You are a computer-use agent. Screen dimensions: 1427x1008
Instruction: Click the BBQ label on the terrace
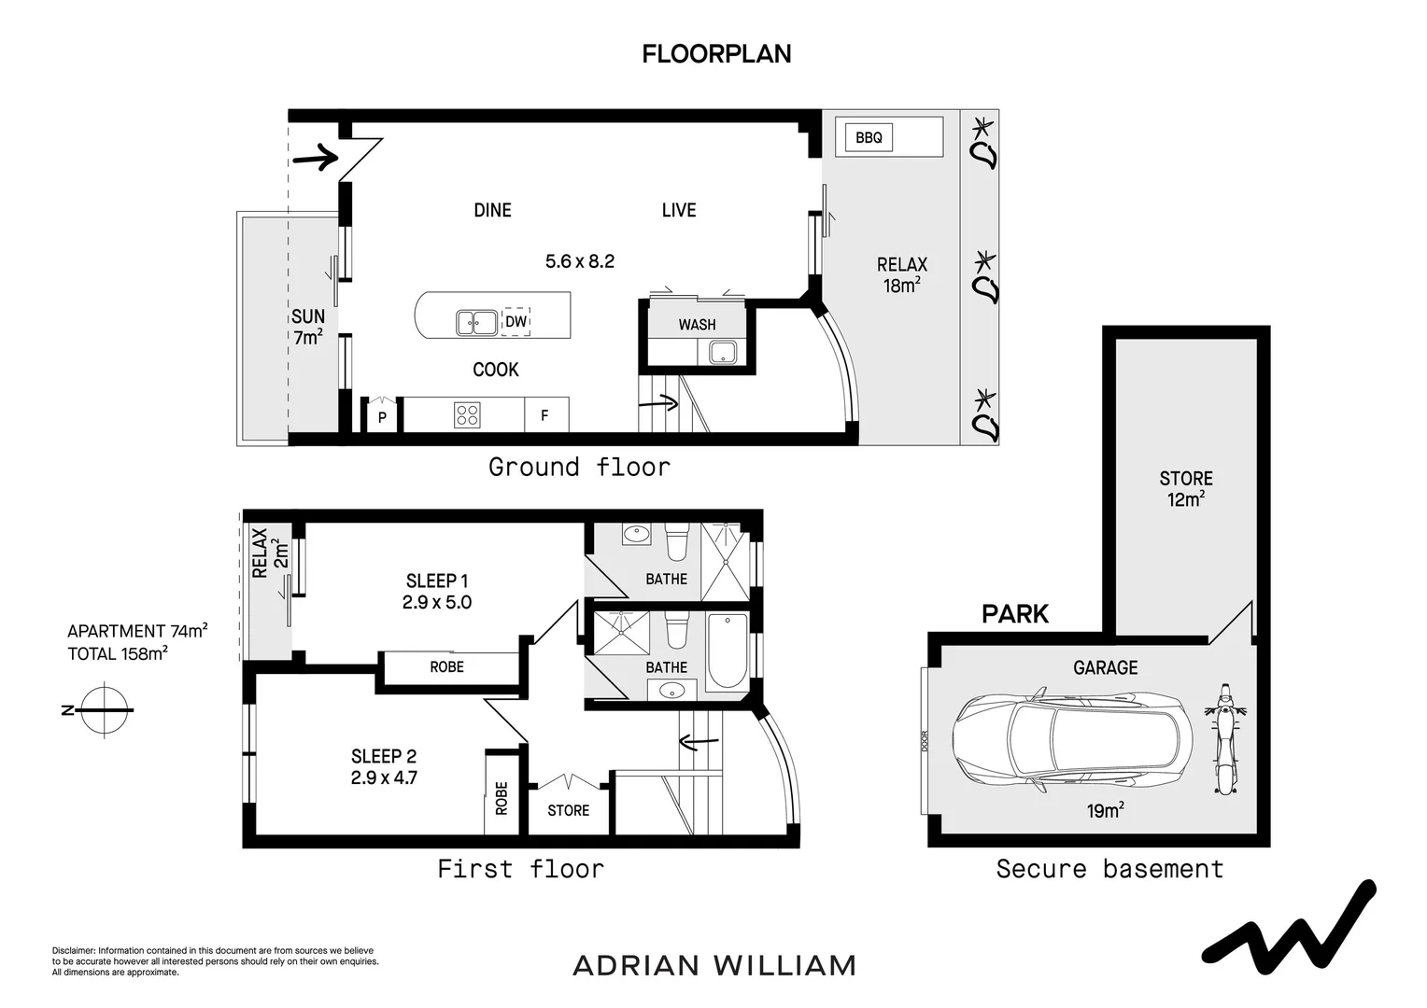click(869, 137)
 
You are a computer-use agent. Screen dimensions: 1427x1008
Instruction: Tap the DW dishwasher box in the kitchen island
click(516, 321)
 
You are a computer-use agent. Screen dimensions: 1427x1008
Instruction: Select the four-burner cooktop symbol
click(467, 415)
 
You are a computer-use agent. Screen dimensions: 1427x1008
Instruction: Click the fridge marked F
click(546, 414)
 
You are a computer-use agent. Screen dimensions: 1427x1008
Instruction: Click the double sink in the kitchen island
click(476, 323)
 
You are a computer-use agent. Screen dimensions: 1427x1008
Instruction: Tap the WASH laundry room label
click(697, 325)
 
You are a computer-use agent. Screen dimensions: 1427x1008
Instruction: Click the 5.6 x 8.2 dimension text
click(580, 261)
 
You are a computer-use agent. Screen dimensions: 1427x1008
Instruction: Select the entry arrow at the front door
click(315, 157)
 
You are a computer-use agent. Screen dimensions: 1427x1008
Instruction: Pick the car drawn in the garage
click(1072, 740)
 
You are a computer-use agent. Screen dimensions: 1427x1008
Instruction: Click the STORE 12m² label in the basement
click(1185, 489)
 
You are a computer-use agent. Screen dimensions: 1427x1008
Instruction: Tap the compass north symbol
click(105, 710)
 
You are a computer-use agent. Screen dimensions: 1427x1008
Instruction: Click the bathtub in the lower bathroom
click(727, 651)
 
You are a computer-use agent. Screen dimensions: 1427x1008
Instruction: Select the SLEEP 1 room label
click(437, 581)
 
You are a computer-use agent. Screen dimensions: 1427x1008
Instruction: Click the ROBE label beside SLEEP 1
click(446, 666)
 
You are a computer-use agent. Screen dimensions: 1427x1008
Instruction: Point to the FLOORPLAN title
click(716, 54)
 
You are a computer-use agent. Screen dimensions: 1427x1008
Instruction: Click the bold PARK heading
click(1015, 614)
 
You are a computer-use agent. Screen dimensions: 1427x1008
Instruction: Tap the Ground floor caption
click(580, 467)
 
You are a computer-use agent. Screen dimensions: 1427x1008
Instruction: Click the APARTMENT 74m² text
click(137, 631)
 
